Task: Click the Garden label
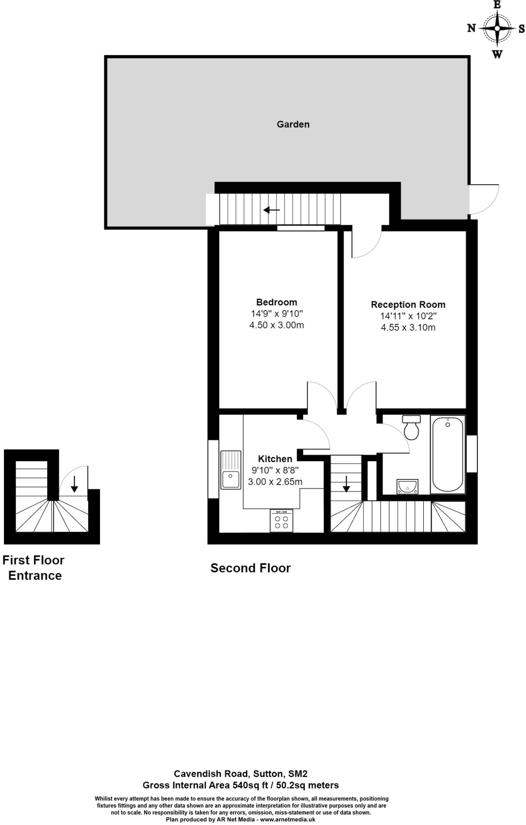[293, 124]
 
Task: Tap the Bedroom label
[277, 302]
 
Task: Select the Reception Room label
[408, 305]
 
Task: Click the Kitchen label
[275, 459]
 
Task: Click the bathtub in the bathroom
[447, 454]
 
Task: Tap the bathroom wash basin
[407, 486]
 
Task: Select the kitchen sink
[231, 470]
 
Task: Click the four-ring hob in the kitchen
[281, 521]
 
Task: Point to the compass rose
[497, 29]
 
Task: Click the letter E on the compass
[497, 5]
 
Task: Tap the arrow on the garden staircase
[272, 210]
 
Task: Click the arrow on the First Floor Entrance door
[74, 484]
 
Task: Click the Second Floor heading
[250, 568]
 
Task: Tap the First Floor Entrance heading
[34, 568]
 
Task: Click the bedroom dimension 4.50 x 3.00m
[277, 325]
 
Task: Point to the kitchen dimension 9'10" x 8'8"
[275, 470]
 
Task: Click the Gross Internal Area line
[241, 785]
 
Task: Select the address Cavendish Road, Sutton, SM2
[241, 773]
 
